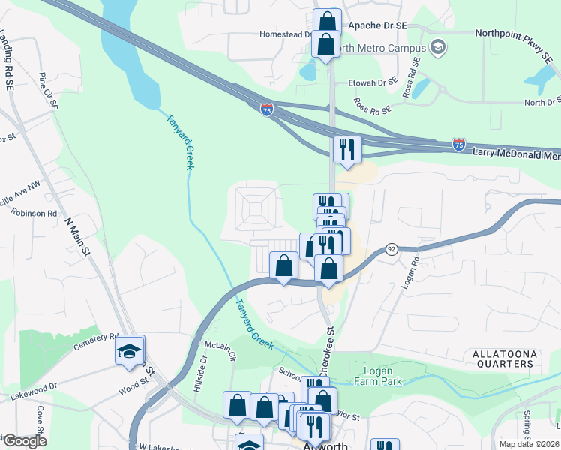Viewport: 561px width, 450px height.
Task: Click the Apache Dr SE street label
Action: point(375,25)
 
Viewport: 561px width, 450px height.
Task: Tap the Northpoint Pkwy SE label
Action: point(517,34)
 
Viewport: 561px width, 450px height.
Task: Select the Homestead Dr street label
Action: point(286,34)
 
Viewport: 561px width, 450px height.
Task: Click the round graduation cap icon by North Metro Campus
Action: point(439,49)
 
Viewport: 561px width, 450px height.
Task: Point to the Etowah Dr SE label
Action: point(371,82)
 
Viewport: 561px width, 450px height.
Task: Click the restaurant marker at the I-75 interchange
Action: point(347,149)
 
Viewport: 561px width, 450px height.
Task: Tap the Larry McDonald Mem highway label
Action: point(516,153)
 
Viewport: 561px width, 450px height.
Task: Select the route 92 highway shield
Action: point(391,248)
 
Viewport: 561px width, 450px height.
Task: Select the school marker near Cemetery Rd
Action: point(130,349)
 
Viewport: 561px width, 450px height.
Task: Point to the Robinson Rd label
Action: point(34,213)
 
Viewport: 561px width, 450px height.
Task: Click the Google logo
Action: point(25,441)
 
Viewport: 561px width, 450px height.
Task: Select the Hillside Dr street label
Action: point(197,384)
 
